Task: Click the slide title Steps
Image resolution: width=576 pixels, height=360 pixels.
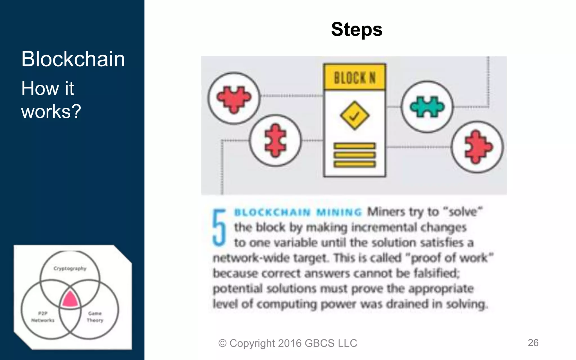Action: pyautogui.click(x=357, y=30)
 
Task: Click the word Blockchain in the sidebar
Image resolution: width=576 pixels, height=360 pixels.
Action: pyautogui.click(x=73, y=59)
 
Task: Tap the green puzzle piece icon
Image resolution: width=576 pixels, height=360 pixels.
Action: pyautogui.click(x=427, y=107)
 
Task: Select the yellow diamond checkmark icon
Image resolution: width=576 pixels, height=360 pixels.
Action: pyautogui.click(x=354, y=116)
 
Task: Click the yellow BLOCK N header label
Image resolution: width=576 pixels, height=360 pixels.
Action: pyautogui.click(x=354, y=77)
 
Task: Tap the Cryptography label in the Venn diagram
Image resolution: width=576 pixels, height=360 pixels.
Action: pyautogui.click(x=70, y=268)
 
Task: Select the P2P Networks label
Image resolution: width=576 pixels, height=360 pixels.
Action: pyautogui.click(x=43, y=317)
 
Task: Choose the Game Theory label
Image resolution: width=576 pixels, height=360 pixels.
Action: pyautogui.click(x=95, y=317)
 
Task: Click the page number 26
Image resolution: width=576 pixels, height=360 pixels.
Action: pyautogui.click(x=533, y=343)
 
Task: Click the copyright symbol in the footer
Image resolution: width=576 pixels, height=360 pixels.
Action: pyautogui.click(x=222, y=343)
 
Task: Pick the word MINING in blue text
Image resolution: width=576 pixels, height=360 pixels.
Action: pyautogui.click(x=339, y=212)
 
